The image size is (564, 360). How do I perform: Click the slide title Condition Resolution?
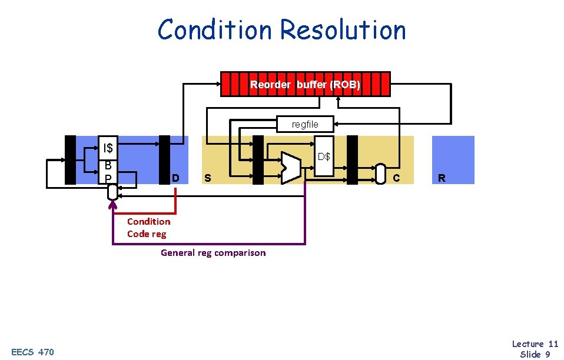(x=281, y=29)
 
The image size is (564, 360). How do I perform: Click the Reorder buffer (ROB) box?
(x=305, y=84)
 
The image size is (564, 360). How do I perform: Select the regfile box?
(x=305, y=124)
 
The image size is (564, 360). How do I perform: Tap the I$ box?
(x=108, y=147)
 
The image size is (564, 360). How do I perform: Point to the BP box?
(x=108, y=171)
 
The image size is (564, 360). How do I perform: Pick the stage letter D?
(x=175, y=178)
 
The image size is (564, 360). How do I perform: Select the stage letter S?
(x=207, y=178)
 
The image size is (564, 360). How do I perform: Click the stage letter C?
(x=396, y=178)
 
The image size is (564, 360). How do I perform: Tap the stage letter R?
(x=442, y=178)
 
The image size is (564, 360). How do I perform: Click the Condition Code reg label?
(x=148, y=228)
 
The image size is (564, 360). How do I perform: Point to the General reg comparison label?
(x=213, y=253)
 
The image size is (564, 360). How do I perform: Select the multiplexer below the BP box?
(x=112, y=192)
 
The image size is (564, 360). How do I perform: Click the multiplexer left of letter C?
(x=380, y=174)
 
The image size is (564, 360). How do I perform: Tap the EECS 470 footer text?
(x=32, y=352)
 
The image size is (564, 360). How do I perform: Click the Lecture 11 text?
(x=535, y=344)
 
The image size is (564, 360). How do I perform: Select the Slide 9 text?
(x=535, y=354)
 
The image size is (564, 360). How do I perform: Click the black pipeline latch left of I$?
(x=70, y=160)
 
